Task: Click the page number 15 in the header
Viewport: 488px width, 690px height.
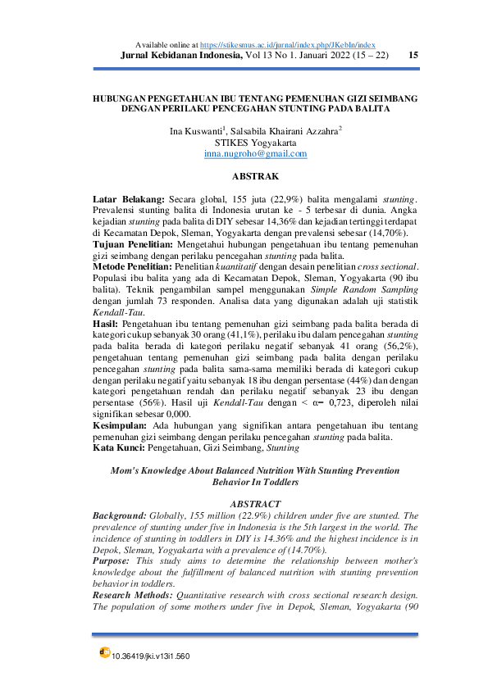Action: click(413, 55)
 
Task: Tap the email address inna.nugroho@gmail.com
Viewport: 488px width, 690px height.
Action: click(255, 153)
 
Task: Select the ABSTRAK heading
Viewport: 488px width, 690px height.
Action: click(255, 177)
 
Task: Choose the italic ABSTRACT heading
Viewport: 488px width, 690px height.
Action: click(255, 503)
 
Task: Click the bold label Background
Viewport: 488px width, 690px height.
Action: click(120, 514)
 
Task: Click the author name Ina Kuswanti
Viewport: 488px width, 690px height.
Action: click(198, 130)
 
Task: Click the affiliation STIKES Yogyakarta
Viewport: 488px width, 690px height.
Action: click(255, 142)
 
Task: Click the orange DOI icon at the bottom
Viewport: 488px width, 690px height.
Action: click(104, 652)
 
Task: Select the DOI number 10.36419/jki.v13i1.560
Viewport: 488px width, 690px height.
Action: click(150, 656)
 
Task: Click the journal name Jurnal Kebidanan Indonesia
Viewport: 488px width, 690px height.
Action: click(180, 55)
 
